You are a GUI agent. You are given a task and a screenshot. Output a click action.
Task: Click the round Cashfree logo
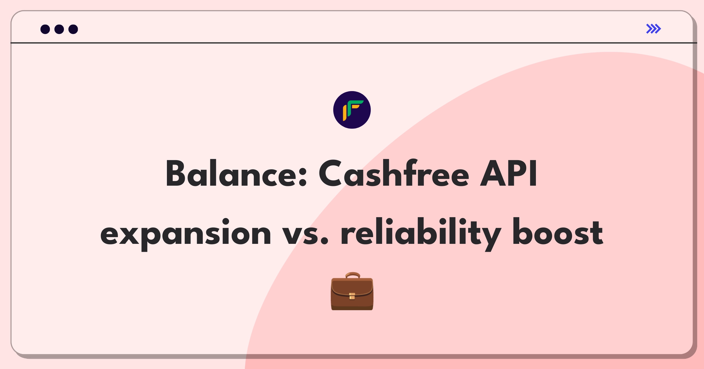[352, 110]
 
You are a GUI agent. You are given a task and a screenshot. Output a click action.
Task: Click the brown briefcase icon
[352, 291]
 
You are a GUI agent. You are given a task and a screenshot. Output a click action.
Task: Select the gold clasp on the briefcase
[352, 296]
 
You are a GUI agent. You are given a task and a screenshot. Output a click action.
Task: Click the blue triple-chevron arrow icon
[654, 29]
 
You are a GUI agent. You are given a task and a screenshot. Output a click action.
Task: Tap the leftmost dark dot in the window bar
[45, 29]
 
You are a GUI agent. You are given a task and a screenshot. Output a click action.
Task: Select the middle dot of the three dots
[59, 29]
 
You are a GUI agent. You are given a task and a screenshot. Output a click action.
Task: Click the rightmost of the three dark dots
[73, 29]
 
